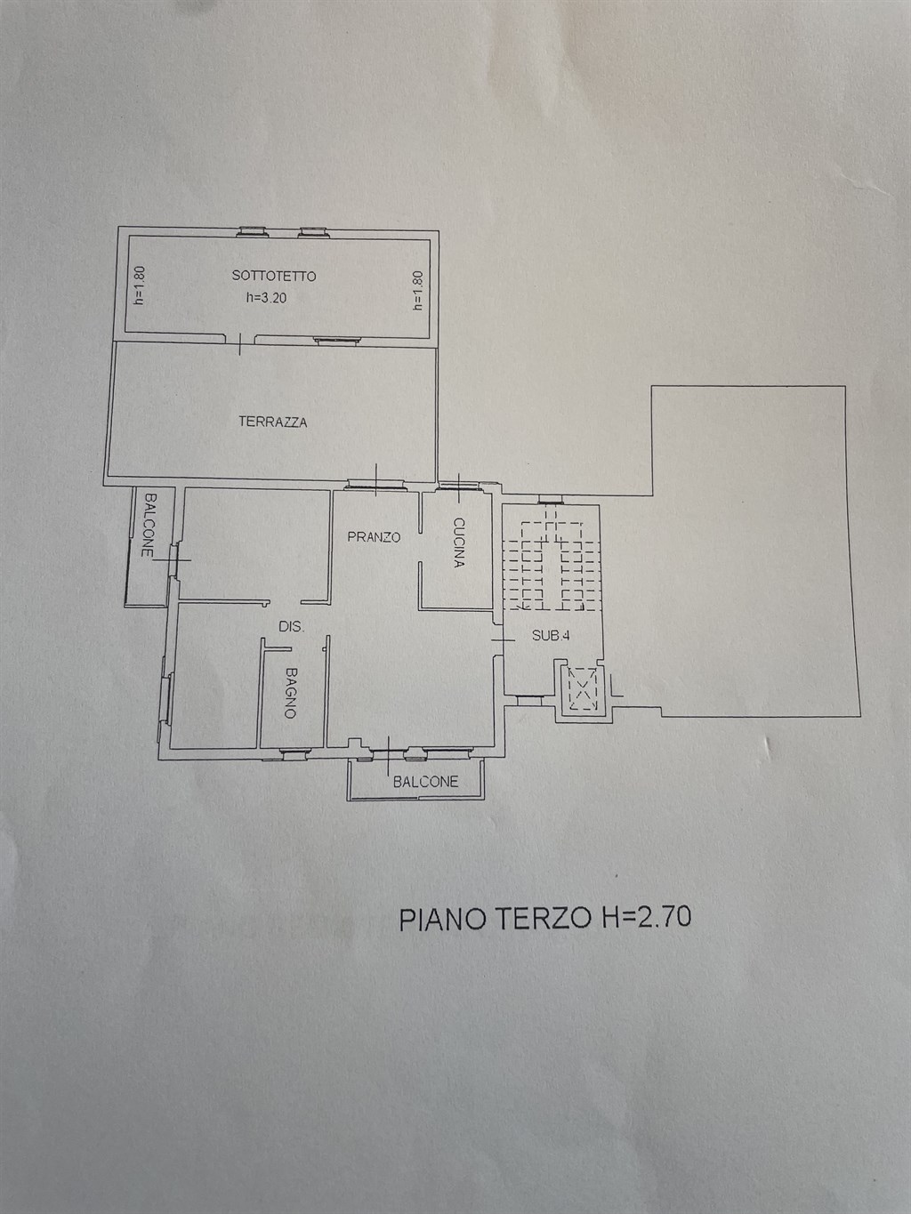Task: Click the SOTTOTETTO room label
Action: coord(273,276)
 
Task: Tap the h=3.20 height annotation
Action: coord(266,298)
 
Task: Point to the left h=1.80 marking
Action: coord(139,286)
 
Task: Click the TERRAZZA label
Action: coord(272,422)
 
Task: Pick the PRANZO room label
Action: coord(374,537)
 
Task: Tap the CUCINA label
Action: coord(458,543)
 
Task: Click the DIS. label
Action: coord(291,627)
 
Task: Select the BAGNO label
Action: coord(290,694)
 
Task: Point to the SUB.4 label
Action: coord(550,635)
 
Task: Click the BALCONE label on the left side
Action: coord(149,525)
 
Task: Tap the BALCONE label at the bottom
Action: coord(425,781)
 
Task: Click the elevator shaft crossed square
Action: coord(582,688)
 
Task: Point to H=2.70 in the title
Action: coord(646,917)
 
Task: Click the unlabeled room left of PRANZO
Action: coord(255,543)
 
